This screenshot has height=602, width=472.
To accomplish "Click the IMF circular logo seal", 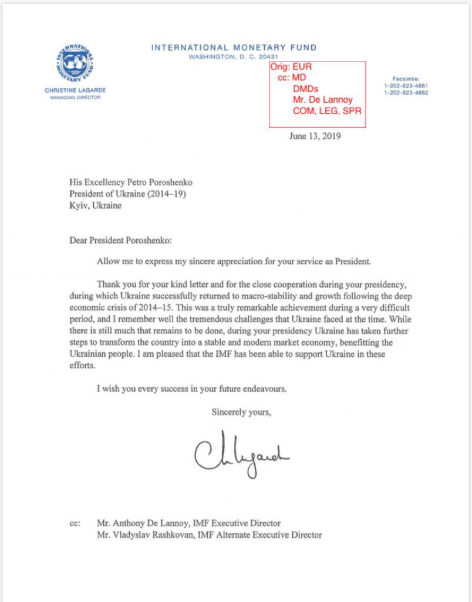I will click(75, 63).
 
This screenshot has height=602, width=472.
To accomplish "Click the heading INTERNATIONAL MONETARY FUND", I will click(234, 48).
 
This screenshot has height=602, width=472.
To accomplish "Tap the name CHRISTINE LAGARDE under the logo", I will click(75, 91).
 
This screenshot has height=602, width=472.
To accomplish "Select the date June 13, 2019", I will click(315, 136).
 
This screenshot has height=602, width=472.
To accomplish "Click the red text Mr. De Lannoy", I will click(322, 100).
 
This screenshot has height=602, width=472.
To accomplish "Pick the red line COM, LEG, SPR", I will click(327, 111).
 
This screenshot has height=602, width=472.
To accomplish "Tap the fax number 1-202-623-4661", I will click(406, 86).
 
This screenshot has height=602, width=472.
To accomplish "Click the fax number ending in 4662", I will click(406, 93).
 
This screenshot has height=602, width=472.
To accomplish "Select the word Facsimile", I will click(406, 79).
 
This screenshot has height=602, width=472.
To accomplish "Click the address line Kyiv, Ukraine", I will click(95, 206).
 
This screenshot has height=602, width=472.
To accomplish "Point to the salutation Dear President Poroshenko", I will click(121, 240).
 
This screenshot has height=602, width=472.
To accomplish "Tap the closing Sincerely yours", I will click(241, 413).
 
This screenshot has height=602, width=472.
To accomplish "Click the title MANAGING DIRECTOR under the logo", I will click(75, 97).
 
